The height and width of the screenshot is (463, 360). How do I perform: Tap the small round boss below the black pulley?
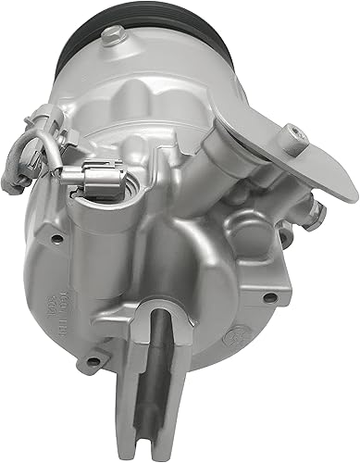pyautogui.click(x=113, y=37)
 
